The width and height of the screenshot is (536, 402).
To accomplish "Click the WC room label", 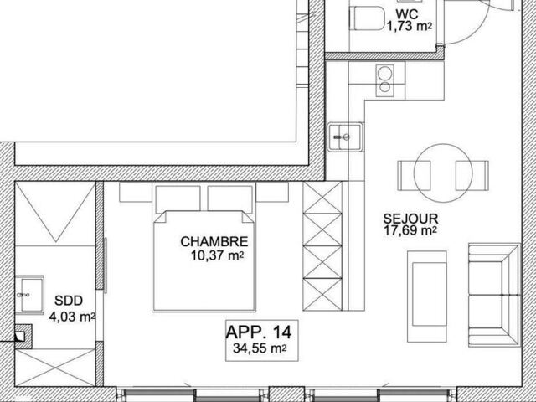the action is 407,14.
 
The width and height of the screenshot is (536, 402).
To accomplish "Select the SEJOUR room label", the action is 410,219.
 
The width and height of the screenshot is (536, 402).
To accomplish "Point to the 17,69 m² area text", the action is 410,230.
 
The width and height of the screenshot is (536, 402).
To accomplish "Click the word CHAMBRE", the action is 214,242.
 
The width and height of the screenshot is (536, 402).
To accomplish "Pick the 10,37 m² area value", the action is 218,255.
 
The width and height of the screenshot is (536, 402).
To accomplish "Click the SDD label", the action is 69,301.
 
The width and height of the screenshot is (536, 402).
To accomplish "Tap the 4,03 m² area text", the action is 72,317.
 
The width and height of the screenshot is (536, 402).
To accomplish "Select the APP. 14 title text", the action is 259,332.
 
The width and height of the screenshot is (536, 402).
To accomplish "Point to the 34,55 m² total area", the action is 260,348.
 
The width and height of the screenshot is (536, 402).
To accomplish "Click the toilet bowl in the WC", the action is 367,18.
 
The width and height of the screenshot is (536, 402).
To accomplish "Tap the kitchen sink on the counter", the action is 345,137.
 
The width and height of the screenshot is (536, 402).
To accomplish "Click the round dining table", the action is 443,173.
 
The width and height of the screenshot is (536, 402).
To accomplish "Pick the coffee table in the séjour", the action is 427,296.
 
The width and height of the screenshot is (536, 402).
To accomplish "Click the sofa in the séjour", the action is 494,295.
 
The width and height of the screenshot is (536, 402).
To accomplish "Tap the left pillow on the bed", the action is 178,199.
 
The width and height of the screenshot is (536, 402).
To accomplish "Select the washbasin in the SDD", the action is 30,295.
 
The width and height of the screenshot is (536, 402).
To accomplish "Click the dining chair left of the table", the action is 414,176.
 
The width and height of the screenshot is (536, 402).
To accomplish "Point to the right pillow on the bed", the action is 230,199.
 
